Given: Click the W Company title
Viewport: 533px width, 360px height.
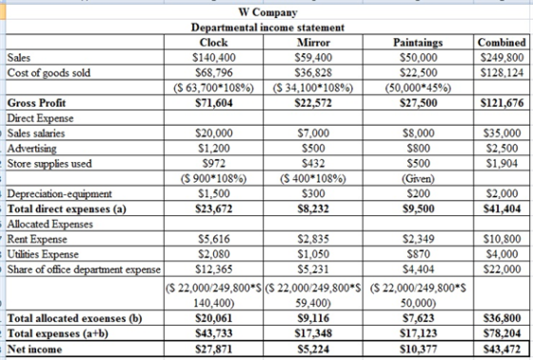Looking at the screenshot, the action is [x=267, y=12].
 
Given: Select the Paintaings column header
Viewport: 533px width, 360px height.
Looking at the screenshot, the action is [x=418, y=43].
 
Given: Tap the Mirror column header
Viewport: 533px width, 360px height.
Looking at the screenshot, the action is [x=313, y=43].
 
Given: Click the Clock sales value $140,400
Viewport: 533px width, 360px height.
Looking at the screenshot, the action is [x=214, y=57].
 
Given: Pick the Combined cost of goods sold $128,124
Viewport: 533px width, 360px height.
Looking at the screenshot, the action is [x=503, y=72].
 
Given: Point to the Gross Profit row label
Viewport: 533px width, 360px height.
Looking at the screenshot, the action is [x=36, y=103].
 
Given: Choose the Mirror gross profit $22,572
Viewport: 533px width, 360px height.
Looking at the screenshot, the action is [x=313, y=103].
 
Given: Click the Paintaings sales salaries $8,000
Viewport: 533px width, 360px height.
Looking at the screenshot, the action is [x=419, y=133].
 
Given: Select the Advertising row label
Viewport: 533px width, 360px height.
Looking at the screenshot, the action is [x=32, y=149].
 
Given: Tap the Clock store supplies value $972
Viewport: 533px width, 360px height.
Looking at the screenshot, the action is [x=214, y=163].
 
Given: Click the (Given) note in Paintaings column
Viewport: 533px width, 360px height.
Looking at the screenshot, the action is [x=419, y=178].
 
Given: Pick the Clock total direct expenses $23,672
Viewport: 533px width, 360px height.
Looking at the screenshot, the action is [x=214, y=209].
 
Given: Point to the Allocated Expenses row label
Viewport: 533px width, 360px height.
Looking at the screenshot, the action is [x=49, y=224].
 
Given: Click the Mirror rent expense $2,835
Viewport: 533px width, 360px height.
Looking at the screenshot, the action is [x=313, y=239].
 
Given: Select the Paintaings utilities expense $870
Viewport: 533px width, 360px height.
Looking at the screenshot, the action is [x=419, y=254].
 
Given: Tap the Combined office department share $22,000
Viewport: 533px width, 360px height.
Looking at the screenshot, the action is [x=503, y=270].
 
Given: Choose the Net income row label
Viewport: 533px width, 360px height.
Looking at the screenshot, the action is [x=34, y=350].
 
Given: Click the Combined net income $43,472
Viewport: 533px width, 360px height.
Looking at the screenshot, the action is [x=503, y=350].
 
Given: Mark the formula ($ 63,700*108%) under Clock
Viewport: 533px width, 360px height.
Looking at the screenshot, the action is [x=213, y=88].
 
